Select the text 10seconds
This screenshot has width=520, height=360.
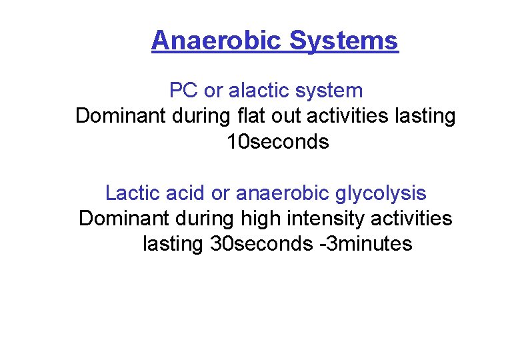click(278, 142)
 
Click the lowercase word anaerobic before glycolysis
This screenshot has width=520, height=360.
click(279, 193)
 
